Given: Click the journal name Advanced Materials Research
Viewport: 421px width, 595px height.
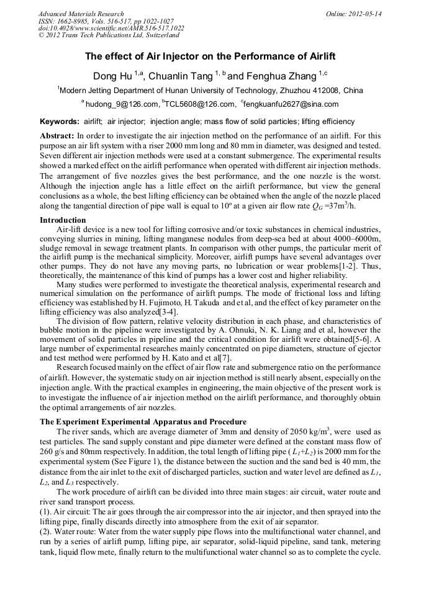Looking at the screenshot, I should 81,13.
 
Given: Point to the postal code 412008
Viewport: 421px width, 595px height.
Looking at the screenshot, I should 326,91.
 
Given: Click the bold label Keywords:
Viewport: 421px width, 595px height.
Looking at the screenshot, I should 60,122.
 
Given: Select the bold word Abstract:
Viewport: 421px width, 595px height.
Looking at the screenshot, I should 57,135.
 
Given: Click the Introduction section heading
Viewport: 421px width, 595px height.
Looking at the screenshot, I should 63,220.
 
